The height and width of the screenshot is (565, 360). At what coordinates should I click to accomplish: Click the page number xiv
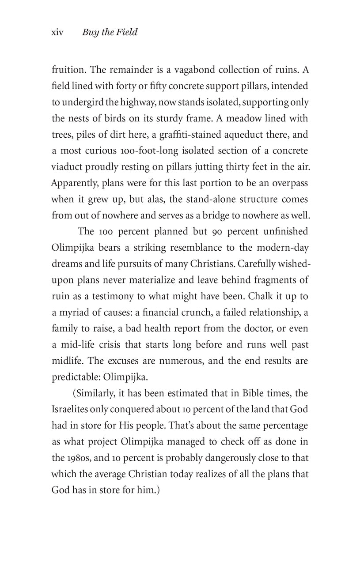[x=57, y=32]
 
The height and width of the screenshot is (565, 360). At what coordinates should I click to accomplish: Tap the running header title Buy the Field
[x=110, y=32]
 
